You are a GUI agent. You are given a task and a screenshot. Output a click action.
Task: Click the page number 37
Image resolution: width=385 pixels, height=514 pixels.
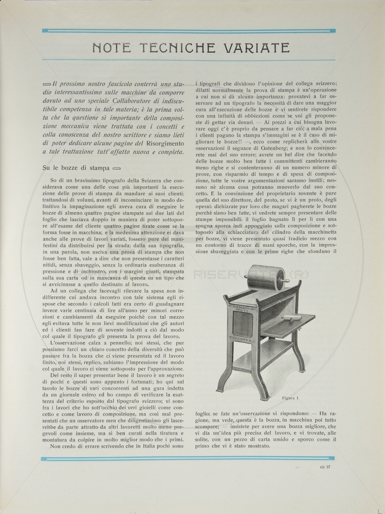(328, 467)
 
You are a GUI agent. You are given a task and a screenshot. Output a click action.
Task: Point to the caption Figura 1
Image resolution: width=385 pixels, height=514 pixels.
(290, 398)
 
